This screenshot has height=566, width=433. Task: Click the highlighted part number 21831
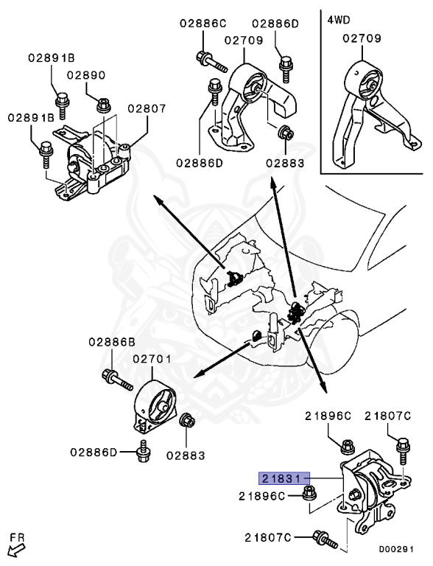click(283, 477)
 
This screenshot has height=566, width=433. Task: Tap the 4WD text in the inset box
click(339, 19)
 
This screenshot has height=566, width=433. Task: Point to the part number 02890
click(87, 75)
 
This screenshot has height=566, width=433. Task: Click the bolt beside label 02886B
click(116, 378)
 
